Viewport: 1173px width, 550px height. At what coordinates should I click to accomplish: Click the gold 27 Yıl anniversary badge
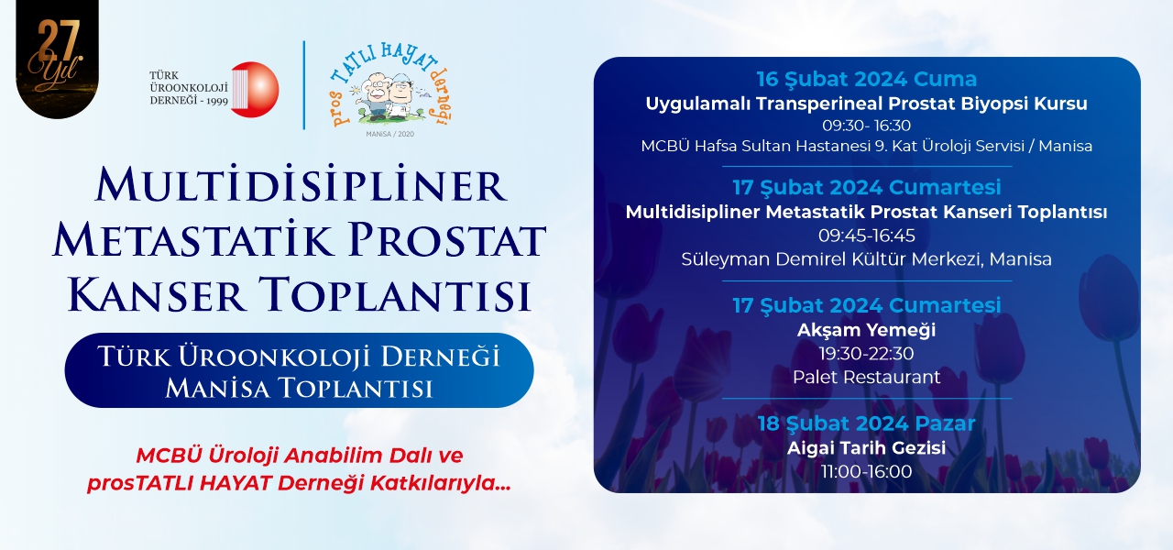pos(57,58)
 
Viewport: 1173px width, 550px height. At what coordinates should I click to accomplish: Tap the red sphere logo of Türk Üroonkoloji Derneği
pos(255,90)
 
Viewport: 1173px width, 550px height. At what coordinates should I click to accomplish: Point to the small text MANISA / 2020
pos(390,134)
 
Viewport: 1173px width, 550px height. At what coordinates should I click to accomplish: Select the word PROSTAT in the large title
pos(447,240)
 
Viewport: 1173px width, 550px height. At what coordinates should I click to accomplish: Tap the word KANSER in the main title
pos(156,295)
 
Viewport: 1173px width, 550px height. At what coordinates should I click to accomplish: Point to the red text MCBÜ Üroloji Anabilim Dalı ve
pos(300,456)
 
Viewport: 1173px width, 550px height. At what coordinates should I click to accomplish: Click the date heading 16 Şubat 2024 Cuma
pos(867,79)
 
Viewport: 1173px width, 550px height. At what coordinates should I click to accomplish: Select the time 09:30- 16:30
pos(867,126)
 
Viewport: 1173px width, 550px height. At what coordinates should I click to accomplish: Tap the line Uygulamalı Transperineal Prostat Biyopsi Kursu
pos(867,104)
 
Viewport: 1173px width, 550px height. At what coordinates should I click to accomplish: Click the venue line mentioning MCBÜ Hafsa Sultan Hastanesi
pos(867,146)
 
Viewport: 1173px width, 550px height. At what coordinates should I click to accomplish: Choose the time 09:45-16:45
pos(867,236)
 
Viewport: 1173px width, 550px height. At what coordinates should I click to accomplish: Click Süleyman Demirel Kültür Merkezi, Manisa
pos(867,259)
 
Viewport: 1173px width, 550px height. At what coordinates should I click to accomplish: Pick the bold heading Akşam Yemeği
pos(867,330)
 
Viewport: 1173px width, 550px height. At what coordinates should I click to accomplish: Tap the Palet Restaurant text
pos(867,377)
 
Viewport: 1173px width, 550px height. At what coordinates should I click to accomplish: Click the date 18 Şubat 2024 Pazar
pos(867,423)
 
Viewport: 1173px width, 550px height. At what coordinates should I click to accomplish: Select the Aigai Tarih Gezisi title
pos(867,448)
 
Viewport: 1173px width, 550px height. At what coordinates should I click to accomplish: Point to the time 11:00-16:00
pos(867,471)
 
